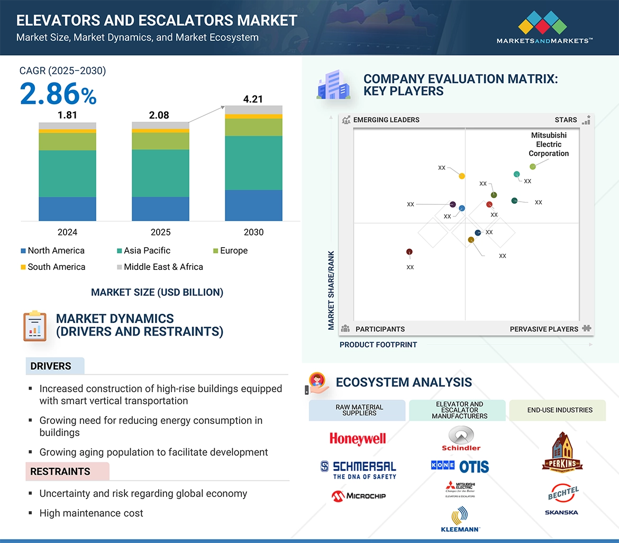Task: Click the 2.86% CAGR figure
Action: pos(58,94)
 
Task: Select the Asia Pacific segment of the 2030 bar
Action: pos(253,163)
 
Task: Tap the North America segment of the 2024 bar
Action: pos(67,209)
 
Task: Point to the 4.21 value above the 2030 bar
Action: pos(253,99)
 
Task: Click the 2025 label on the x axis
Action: pos(160,232)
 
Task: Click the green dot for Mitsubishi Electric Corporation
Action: pos(533,167)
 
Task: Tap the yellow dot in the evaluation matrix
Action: pos(462,176)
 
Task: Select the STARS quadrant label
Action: pos(566,120)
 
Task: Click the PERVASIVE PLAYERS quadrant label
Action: pos(544,329)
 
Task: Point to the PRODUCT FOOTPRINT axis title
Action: pos(378,345)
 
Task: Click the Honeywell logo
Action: pos(358,438)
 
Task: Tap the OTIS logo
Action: pos(474,466)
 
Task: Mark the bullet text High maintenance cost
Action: pos(91,513)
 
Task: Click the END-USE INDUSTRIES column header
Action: pos(560,410)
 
